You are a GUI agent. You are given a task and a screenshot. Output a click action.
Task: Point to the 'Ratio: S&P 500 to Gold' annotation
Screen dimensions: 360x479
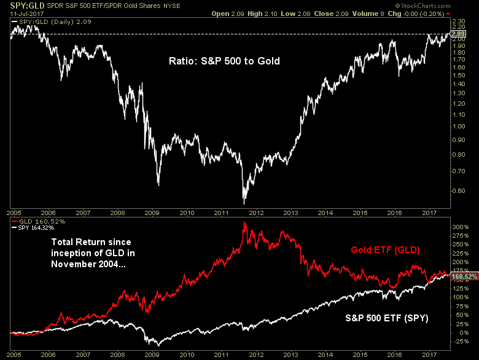224,61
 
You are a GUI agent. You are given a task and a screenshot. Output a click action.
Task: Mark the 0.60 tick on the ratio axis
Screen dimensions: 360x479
461,191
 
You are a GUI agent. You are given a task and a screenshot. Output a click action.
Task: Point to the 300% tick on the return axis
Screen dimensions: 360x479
461,227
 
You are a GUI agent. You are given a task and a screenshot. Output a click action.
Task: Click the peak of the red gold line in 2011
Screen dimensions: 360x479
245,222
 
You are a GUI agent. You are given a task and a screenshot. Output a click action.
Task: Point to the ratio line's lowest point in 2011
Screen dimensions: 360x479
244,203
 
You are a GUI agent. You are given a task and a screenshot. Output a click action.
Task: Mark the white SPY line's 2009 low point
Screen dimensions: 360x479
158,345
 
